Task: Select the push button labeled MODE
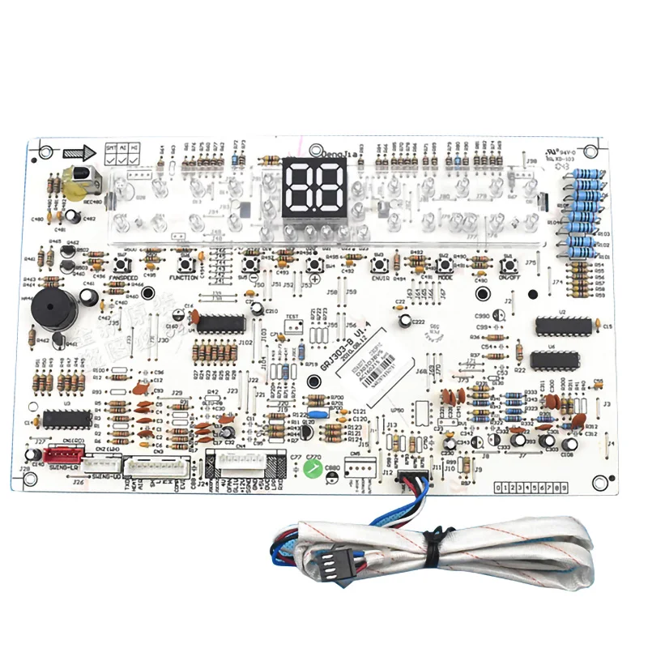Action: click(x=443, y=265)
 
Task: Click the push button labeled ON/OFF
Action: click(x=508, y=265)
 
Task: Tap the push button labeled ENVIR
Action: click(x=378, y=265)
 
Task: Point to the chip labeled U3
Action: click(x=67, y=418)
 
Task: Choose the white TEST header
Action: click(x=292, y=326)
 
